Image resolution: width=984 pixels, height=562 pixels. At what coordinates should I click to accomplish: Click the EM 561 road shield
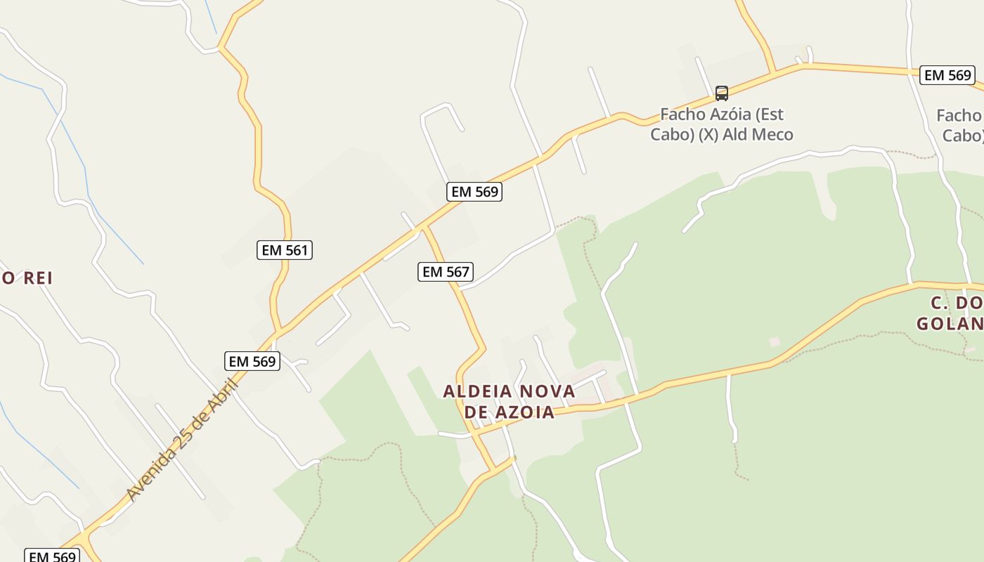(284, 250)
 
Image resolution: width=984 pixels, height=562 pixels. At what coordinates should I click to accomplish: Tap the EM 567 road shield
(445, 272)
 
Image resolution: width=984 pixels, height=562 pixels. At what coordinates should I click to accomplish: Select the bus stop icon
(721, 93)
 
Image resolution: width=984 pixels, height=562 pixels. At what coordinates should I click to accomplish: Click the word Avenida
(153, 475)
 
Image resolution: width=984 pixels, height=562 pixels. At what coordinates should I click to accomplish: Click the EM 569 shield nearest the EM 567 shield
(474, 192)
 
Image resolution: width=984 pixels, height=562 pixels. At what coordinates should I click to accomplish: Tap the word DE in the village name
(477, 412)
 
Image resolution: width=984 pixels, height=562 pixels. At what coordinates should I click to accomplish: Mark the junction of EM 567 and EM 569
(423, 227)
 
